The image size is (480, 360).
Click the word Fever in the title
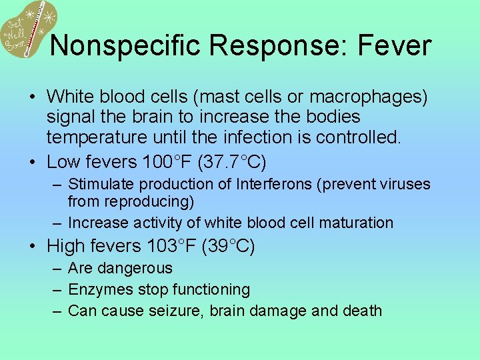395,45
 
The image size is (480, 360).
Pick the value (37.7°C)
243,161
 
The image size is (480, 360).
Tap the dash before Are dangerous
57,269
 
